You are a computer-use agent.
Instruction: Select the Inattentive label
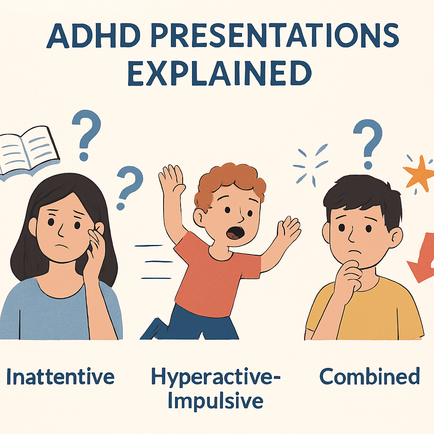tap(61, 376)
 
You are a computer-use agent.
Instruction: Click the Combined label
tap(369, 376)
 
